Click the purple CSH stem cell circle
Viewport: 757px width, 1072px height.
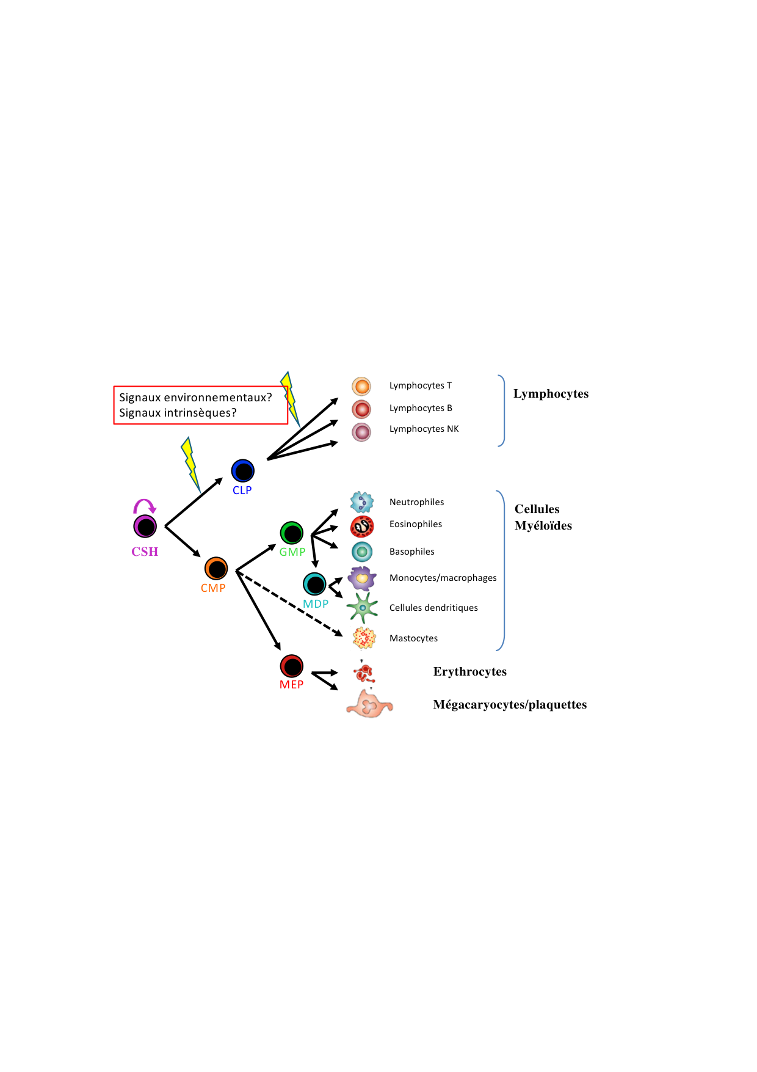point(145,526)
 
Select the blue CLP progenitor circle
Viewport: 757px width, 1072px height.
point(242,471)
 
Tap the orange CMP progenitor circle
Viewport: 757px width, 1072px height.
point(216,569)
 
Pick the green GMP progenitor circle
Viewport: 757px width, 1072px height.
point(292,533)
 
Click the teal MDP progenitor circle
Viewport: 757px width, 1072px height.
point(315,585)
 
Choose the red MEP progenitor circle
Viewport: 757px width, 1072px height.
point(292,666)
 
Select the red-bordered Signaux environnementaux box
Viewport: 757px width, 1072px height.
point(200,405)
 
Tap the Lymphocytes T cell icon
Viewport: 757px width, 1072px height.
point(361,386)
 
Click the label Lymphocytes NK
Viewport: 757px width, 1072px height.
point(424,429)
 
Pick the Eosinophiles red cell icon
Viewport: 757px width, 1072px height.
point(362,526)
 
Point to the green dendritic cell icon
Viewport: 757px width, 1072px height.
point(362,608)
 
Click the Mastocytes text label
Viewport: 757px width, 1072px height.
point(413,638)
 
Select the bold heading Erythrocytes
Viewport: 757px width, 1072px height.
point(469,671)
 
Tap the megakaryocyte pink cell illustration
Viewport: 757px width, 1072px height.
point(369,704)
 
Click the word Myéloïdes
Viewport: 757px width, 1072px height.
point(543,525)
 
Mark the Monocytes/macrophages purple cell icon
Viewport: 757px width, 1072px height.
point(362,578)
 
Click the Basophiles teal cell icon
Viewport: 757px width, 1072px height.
point(362,552)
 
